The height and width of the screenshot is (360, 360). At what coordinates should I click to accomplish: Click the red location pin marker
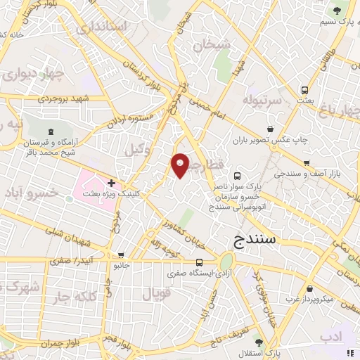pos(181,165)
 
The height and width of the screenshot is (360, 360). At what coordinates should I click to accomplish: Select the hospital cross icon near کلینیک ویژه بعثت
pos(111,183)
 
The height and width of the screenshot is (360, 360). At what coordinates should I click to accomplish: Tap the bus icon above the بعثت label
pos(305,91)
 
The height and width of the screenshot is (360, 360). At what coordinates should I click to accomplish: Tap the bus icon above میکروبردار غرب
pos(309,288)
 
